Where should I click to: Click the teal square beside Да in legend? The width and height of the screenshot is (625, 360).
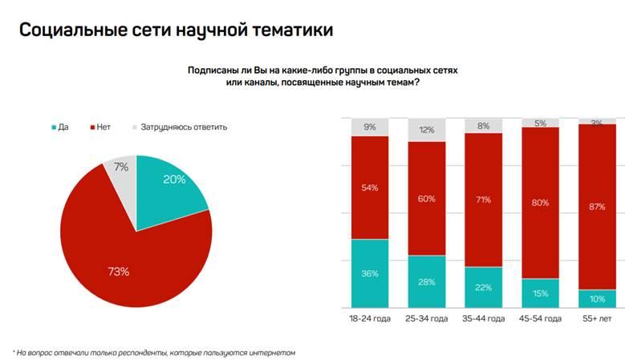coord(54,127)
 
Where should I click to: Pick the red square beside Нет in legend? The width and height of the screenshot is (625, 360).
coord(92,127)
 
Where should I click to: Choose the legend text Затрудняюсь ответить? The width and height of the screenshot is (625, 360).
coord(184,127)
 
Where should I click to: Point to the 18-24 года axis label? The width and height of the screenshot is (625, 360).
coord(370,318)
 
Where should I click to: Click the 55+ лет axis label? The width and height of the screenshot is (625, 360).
coord(597,318)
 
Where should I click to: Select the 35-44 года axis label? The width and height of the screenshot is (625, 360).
coord(484,318)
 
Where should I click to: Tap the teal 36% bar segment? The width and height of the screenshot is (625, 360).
coord(370,274)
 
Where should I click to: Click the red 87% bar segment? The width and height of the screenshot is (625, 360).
coord(597,206)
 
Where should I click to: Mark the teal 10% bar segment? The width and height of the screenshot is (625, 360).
coord(597,298)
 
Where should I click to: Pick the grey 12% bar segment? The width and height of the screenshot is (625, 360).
coord(427,130)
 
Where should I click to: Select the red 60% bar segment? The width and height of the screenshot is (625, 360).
coord(427,198)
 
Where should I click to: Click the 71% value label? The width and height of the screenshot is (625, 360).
coord(484,200)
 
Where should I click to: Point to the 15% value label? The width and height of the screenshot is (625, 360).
coord(541,293)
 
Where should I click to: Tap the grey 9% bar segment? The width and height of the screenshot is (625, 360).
coord(370,127)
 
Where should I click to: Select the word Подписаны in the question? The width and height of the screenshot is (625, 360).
coord(211,71)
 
